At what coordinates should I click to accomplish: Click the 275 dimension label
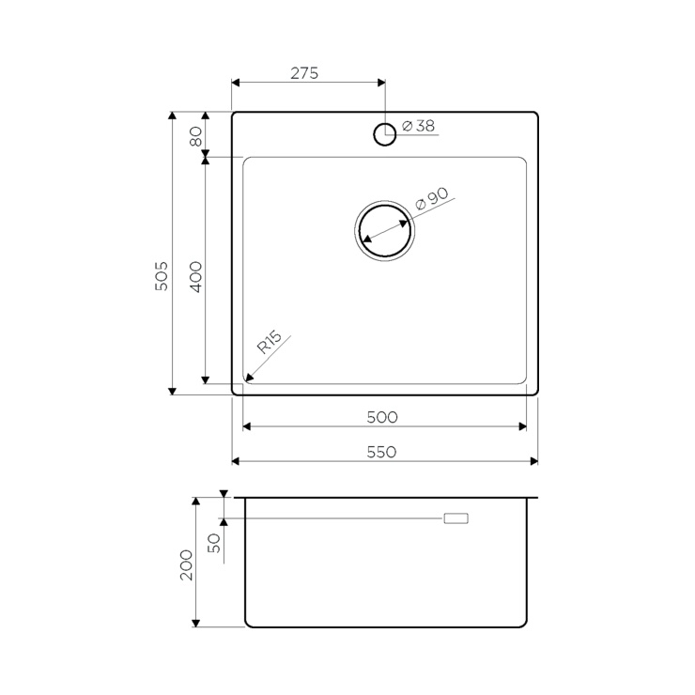click(304, 73)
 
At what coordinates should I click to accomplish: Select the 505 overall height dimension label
click(162, 276)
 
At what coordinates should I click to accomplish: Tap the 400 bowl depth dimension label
click(195, 277)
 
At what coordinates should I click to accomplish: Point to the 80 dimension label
click(195, 136)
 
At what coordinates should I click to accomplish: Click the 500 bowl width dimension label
click(382, 417)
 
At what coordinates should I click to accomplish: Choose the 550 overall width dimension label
click(381, 452)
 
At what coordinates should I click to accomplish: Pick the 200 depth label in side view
click(186, 565)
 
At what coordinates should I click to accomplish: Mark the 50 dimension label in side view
click(213, 543)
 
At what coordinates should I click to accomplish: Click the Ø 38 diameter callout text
click(419, 126)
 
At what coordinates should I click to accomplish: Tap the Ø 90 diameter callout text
click(432, 199)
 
